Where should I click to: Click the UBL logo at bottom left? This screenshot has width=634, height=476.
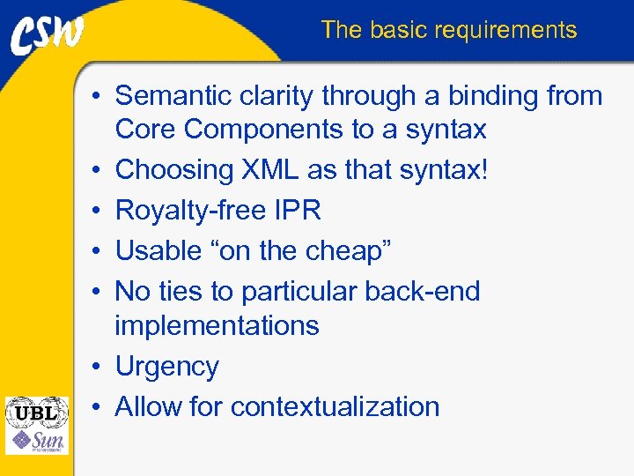(x=35, y=412)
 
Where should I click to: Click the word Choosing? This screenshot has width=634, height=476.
(x=173, y=169)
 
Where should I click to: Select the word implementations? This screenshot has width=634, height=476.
(x=217, y=325)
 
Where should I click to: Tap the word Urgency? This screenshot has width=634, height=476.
(x=167, y=367)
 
